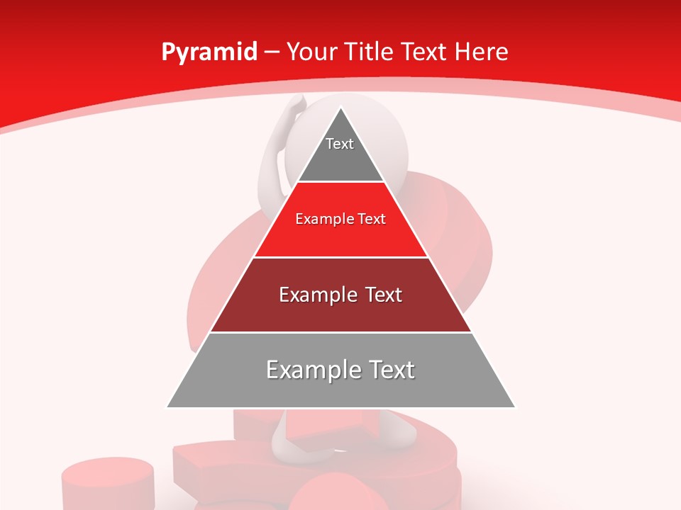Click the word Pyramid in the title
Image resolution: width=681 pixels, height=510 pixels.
[209, 52]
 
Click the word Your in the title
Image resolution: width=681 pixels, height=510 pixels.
[310, 52]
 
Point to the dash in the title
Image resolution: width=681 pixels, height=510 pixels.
[272, 52]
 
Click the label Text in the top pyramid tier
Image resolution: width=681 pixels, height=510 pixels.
[340, 144]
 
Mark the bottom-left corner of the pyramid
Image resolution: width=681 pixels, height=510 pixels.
[167, 407]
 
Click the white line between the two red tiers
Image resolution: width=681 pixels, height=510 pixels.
[340, 257]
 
